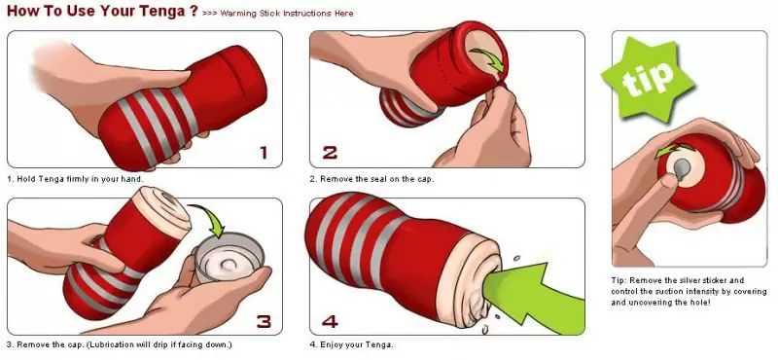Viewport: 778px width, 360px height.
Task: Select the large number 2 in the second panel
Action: pyautogui.click(x=330, y=152)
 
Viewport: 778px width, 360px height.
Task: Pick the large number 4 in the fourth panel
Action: pyautogui.click(x=330, y=319)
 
